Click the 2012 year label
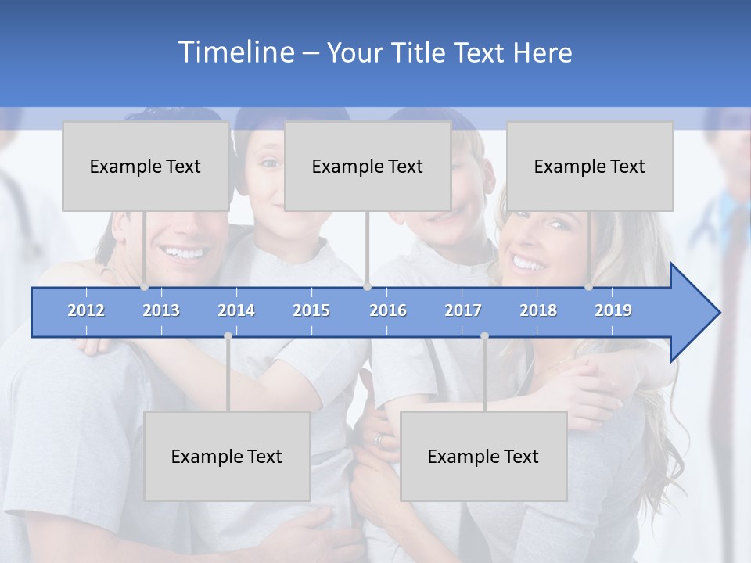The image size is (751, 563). [86, 310]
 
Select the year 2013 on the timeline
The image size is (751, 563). [161, 310]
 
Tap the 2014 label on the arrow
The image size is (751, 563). [236, 310]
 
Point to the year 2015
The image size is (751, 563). [311, 310]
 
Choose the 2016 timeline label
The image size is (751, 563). [388, 310]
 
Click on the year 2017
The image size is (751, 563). [463, 310]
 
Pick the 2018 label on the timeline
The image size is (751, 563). [538, 310]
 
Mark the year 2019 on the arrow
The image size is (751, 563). [613, 310]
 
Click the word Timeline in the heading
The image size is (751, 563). [235, 52]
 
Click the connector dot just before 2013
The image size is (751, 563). [144, 287]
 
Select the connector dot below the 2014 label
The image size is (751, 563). [228, 335]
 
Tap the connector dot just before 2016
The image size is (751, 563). [367, 287]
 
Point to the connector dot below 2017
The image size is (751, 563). [484, 335]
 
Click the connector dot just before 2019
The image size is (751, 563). [588, 287]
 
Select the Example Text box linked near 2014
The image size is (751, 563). [227, 456]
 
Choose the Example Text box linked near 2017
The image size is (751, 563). [483, 456]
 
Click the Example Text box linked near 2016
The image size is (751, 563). [368, 166]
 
